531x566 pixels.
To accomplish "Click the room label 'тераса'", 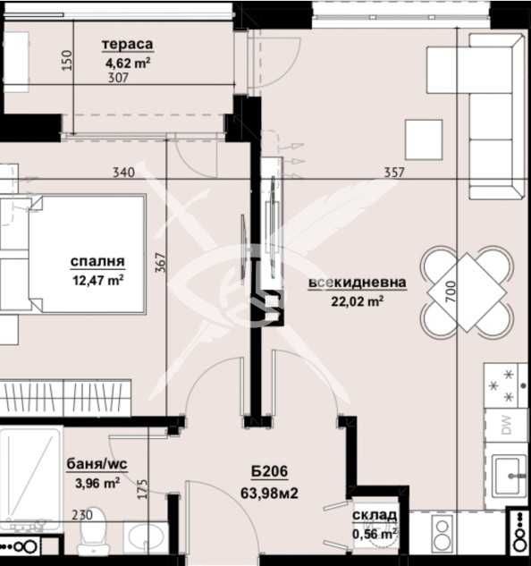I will [x=128, y=45].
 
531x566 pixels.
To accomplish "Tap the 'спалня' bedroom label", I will [x=97, y=262].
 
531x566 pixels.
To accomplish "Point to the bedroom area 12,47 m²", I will [x=97, y=279].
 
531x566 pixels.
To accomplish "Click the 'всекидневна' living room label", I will [x=358, y=283].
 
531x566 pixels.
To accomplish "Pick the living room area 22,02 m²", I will [x=358, y=300].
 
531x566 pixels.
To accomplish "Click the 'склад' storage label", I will [x=374, y=517].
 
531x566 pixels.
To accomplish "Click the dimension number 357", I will [x=394, y=173].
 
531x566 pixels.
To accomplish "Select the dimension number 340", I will [x=124, y=173].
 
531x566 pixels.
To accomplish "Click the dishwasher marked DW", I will [x=505, y=426].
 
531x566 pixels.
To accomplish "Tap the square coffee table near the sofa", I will [x=424, y=139].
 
